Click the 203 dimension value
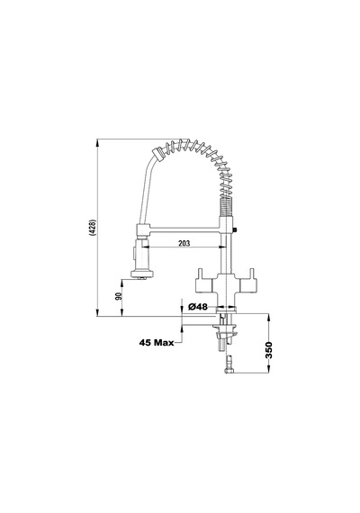click(184, 243)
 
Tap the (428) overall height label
click(93, 228)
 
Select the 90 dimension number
click(119, 296)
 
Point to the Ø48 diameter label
click(198, 307)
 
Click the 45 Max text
click(157, 343)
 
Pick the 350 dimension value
click(269, 350)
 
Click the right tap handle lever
click(252, 273)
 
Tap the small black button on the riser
click(235, 229)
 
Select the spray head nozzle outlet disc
click(141, 274)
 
